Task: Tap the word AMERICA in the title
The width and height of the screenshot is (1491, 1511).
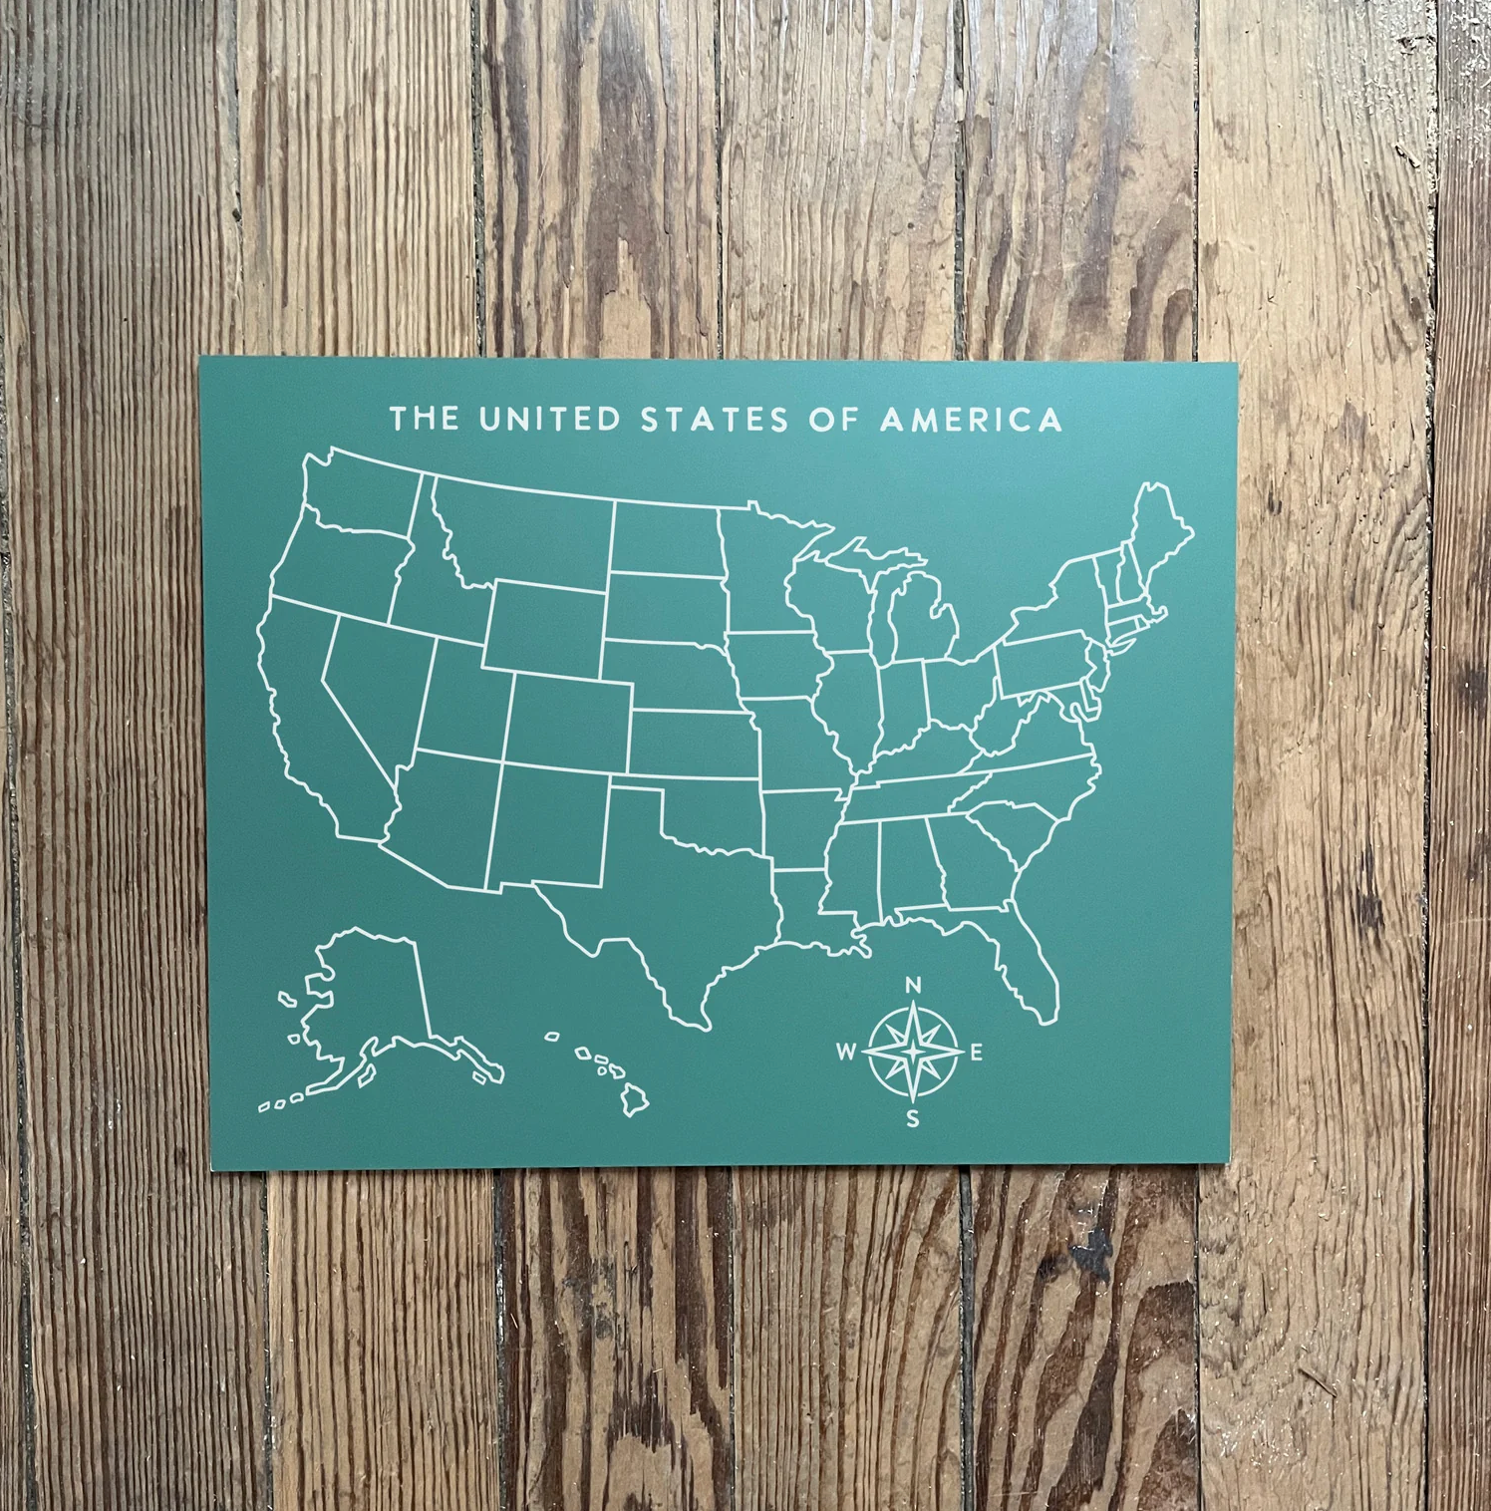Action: [x=972, y=419]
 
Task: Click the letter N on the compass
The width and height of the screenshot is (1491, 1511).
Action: [x=912, y=987]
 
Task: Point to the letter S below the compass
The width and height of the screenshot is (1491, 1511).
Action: [x=912, y=1119]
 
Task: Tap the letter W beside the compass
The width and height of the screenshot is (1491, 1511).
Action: [x=845, y=1052]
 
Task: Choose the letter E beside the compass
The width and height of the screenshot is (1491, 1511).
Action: [x=977, y=1053]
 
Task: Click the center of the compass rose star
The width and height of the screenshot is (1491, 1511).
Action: [x=912, y=1052]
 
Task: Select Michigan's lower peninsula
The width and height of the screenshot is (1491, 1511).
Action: [x=922, y=623]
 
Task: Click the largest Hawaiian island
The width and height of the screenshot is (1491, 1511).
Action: [x=635, y=1100]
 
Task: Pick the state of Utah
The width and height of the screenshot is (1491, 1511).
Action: [x=463, y=698]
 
